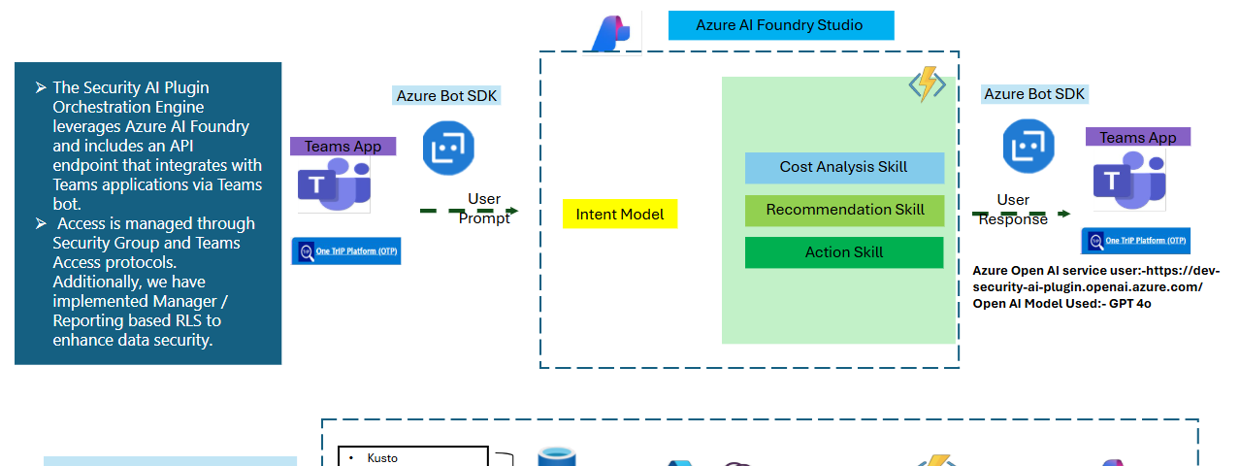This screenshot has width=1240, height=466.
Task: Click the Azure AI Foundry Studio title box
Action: pyautogui.click(x=780, y=25)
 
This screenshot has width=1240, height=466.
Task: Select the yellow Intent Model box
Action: pyautogui.click(x=620, y=215)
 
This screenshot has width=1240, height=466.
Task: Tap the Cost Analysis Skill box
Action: pyautogui.click(x=844, y=167)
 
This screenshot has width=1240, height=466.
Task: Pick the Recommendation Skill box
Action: pyautogui.click(x=844, y=210)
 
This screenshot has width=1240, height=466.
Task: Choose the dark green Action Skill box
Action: pyautogui.click(x=844, y=252)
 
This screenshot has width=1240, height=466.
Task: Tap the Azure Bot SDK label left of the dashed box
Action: pyautogui.click(x=446, y=95)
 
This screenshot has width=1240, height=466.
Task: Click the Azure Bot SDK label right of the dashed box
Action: pyautogui.click(x=1034, y=94)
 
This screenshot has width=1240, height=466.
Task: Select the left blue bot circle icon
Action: pyautogui.click(x=448, y=149)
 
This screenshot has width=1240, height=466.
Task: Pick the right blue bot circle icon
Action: pyautogui.click(x=1028, y=147)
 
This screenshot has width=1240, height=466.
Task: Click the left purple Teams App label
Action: pyautogui.click(x=343, y=147)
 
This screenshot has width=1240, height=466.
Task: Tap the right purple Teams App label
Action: pyautogui.click(x=1137, y=137)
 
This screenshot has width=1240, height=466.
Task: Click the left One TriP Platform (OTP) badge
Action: pyautogui.click(x=346, y=251)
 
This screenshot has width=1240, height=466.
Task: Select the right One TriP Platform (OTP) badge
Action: pyautogui.click(x=1135, y=242)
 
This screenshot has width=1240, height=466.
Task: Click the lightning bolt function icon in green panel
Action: pyautogui.click(x=927, y=85)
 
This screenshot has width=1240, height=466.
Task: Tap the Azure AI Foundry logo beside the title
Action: pyautogui.click(x=611, y=32)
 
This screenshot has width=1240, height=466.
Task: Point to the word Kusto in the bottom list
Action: pyautogui.click(x=382, y=458)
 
